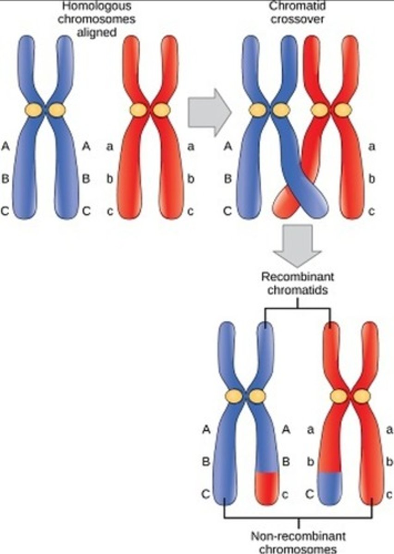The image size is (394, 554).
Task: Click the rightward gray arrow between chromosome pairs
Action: click(x=209, y=112)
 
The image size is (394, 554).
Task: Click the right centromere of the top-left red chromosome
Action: click(x=162, y=110)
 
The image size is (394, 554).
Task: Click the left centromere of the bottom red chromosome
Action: click(x=339, y=396)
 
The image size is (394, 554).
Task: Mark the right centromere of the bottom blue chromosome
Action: click(x=257, y=396)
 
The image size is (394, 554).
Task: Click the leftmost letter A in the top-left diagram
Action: click(x=6, y=146)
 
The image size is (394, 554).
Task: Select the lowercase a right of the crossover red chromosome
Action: click(x=371, y=147)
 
